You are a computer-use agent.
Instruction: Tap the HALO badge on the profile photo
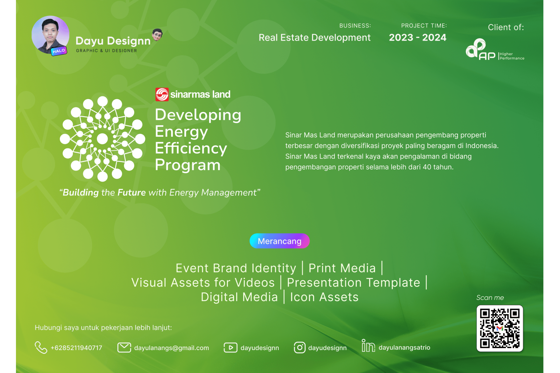59,51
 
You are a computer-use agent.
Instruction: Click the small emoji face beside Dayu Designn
157,35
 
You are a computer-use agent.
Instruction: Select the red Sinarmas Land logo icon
162,94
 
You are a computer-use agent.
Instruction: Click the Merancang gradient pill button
279,241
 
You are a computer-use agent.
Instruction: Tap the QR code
500,328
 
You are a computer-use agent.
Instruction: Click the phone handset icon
41,347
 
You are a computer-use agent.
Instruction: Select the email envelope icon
124,347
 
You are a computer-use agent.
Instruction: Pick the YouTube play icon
230,347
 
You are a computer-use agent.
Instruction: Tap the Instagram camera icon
300,347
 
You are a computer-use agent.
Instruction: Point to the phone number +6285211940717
76,348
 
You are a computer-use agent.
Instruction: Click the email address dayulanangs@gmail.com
172,348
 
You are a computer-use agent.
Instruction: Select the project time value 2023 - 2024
417,38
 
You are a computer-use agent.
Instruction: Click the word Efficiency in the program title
191,148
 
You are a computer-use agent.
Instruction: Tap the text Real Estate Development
314,38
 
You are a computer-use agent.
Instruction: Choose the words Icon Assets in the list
324,297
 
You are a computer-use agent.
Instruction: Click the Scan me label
490,298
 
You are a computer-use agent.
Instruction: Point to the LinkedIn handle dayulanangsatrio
404,347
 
